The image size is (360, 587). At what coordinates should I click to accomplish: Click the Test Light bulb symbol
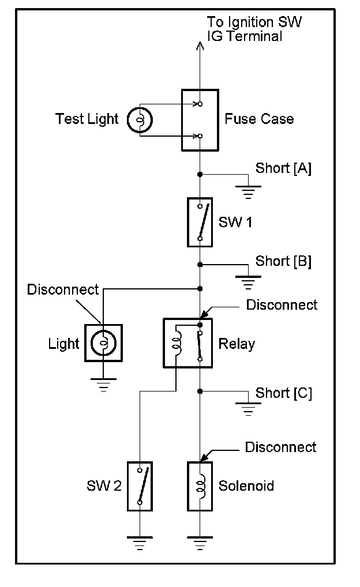pos(140,120)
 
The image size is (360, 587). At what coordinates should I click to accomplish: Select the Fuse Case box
pos(200,120)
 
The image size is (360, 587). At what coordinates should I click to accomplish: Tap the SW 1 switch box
pos(200,223)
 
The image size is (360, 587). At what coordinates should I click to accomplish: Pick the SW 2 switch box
pos(140,486)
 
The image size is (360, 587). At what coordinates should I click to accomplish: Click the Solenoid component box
pos(200,486)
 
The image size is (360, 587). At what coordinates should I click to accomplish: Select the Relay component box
pos(188,343)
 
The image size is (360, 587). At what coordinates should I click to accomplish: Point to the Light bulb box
pos(103,343)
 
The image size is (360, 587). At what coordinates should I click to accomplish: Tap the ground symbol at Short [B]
pos(248,283)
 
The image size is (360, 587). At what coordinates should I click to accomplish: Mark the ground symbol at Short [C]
pos(248,409)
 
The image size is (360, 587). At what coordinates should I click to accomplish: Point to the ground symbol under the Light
pos(103,385)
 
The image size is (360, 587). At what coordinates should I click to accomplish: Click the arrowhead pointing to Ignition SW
pos(200,46)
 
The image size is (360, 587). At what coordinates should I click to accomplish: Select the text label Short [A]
pos(283,168)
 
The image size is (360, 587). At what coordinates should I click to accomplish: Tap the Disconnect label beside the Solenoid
pos(280,447)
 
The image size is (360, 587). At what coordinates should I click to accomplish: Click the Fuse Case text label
pos(259,119)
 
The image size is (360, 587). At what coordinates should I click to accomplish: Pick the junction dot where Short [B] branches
pos(200,265)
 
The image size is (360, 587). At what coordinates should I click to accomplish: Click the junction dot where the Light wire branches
pos(200,289)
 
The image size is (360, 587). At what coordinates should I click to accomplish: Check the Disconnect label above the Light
pos(63,289)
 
